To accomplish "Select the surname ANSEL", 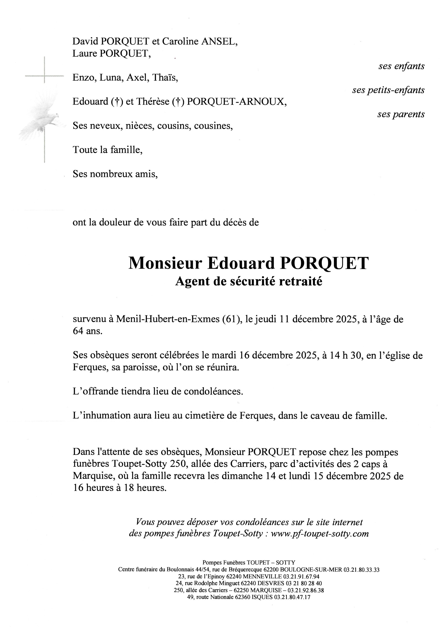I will pyautogui.click(x=219, y=41).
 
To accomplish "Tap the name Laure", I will pyautogui.click(x=84, y=53).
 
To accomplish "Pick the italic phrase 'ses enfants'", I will pyautogui.click(x=401, y=66).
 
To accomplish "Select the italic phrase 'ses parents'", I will pyautogui.click(x=401, y=114).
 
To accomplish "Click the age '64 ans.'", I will pyautogui.click(x=88, y=331).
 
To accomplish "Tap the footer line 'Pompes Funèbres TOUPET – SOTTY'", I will pyautogui.click(x=249, y=562).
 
